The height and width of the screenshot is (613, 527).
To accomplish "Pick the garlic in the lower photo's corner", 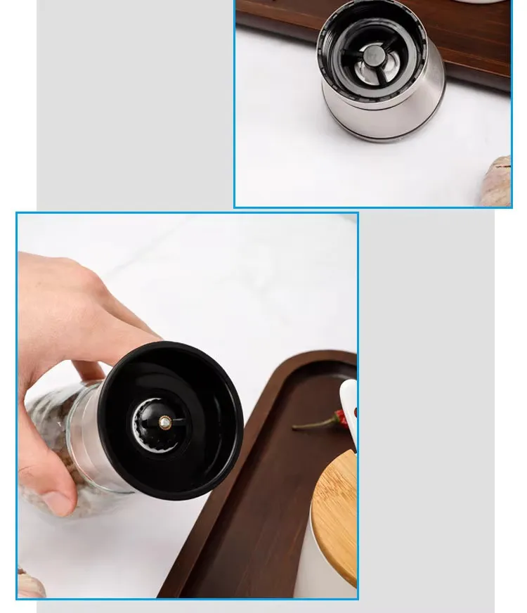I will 29,585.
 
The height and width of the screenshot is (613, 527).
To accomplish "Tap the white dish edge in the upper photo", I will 485,1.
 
